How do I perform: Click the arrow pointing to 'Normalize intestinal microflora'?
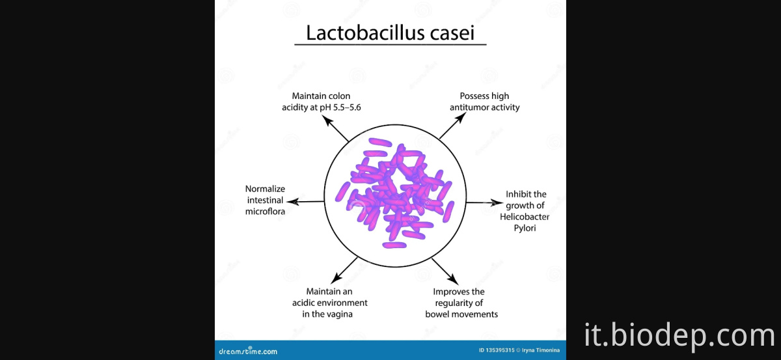pos(305,201)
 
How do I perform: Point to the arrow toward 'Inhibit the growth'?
pos(481,202)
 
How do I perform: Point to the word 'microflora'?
pos(266,212)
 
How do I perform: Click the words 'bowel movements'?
pos(461,314)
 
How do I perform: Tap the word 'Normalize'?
pos(266,189)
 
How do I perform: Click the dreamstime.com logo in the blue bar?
pos(248,351)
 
